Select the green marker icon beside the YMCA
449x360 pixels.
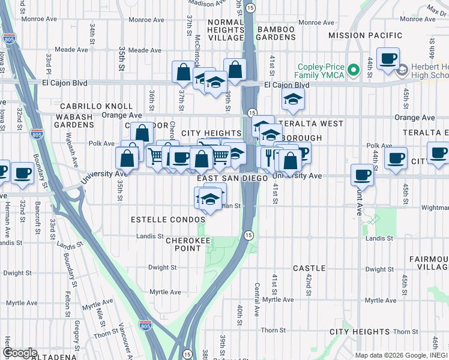click(354, 70)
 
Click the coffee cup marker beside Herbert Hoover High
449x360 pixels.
click(388, 59)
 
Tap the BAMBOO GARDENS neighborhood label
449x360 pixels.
click(276, 34)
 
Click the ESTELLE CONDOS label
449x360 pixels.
click(167, 220)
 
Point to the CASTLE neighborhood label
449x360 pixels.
click(309, 268)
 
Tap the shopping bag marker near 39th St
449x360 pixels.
click(234, 70)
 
